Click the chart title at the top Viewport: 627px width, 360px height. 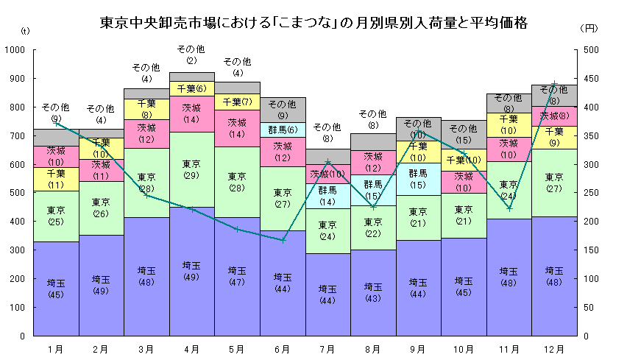[313, 23]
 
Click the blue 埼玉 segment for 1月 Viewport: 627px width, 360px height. [56, 288]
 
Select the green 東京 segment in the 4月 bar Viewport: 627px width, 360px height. [191, 169]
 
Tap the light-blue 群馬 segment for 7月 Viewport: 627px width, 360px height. [327, 196]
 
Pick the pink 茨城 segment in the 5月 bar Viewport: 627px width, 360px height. [237, 128]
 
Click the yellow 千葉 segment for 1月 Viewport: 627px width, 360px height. [56, 179]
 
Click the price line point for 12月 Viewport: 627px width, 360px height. [554, 83]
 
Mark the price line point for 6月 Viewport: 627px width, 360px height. [283, 240]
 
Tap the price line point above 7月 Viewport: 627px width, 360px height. [328, 162]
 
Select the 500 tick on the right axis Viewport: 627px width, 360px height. [590, 50]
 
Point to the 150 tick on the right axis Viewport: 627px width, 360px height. [590, 250]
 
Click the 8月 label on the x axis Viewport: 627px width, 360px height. [373, 347]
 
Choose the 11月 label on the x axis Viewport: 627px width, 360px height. [509, 347]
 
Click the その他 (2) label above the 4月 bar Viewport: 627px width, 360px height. [191, 54]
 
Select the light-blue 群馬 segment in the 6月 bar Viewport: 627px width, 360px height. [283, 129]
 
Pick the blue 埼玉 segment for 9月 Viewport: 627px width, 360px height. [418, 288]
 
